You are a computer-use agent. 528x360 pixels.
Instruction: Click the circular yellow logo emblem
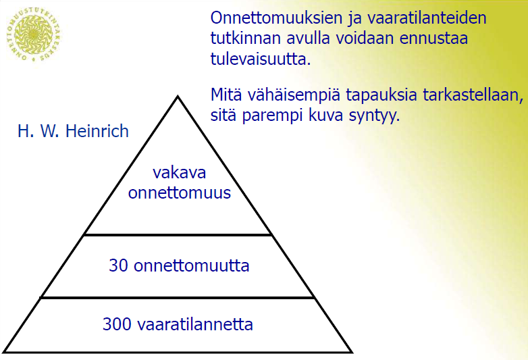34,34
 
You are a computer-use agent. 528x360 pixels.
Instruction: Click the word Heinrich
97,131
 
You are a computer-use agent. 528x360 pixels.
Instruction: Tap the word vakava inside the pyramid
179,172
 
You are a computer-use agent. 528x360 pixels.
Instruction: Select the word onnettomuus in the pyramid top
180,193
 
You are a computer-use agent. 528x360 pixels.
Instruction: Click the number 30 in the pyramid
119,265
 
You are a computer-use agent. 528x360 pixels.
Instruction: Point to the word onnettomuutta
192,265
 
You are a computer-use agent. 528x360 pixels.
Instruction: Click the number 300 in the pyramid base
117,324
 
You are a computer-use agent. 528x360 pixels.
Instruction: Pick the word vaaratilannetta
195,324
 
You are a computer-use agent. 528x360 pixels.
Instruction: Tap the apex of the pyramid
178,97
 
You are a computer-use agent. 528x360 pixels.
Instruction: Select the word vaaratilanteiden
427,18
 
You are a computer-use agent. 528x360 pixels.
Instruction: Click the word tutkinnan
246,38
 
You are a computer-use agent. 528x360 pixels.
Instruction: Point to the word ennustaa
433,38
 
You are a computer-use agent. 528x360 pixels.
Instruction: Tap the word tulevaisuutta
261,59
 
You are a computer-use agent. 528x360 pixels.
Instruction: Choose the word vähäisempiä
294,96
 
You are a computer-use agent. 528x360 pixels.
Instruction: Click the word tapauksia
382,96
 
